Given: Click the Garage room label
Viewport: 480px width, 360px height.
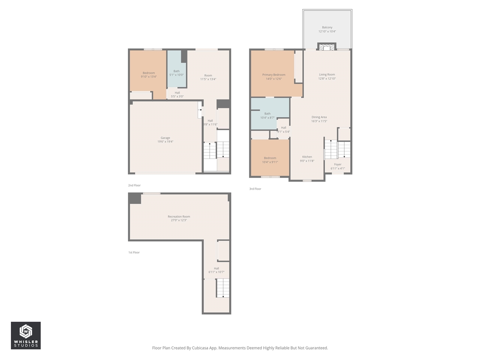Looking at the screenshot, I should click(x=165, y=138).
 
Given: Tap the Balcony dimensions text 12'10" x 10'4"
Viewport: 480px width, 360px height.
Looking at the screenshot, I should click(x=327, y=31).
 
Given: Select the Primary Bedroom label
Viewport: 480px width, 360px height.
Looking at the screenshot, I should click(x=274, y=75).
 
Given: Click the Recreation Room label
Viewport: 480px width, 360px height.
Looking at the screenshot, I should click(x=179, y=217).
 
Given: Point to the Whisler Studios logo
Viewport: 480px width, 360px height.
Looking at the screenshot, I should click(x=25, y=335).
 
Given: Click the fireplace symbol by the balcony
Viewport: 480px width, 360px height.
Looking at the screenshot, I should click(x=327, y=47).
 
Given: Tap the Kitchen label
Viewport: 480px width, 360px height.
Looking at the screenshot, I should click(x=307, y=157).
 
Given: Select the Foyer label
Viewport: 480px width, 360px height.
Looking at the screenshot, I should click(x=338, y=164).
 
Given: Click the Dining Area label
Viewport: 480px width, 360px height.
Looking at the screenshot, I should click(x=319, y=117).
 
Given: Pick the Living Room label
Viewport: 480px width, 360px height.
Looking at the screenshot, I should click(x=327, y=75).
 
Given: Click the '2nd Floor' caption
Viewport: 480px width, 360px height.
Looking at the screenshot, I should click(x=134, y=185).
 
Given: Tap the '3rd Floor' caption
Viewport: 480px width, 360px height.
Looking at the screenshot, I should click(x=255, y=189).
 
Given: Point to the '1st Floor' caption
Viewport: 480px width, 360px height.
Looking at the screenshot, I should click(x=134, y=252).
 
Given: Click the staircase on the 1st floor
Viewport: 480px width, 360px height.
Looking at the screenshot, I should click(x=223, y=289).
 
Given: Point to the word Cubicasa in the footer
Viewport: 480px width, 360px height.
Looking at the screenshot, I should click(x=201, y=348).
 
